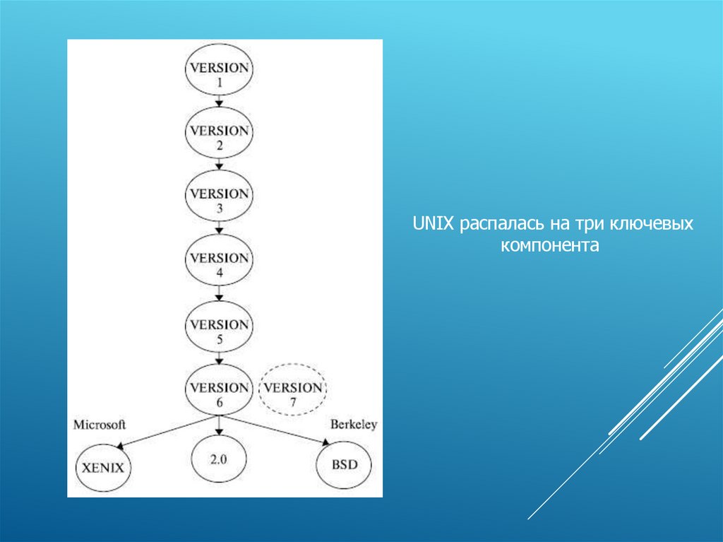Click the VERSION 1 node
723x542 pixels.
(219, 73)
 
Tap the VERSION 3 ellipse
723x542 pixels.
(219, 199)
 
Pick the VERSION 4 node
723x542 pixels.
(219, 263)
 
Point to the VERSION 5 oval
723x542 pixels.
(219, 330)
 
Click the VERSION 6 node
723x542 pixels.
(219, 393)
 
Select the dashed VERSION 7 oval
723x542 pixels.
(293, 393)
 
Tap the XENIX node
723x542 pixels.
(104, 466)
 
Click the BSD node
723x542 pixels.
(345, 464)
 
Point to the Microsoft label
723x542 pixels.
(100, 425)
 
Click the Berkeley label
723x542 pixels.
(354, 425)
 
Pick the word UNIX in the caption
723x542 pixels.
(432, 225)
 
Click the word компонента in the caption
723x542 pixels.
(550, 246)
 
